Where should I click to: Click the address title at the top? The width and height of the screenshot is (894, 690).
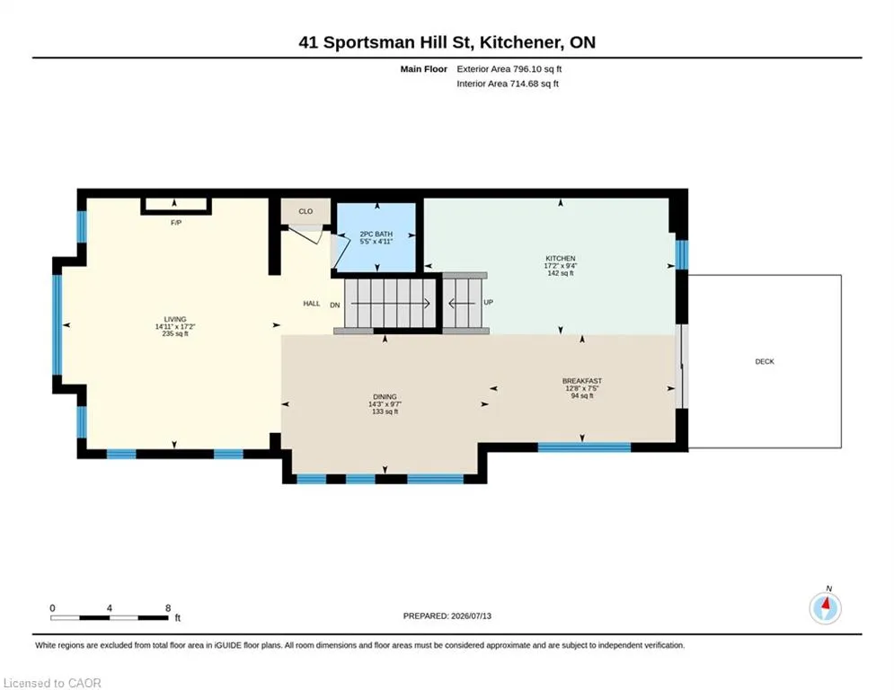point(447,42)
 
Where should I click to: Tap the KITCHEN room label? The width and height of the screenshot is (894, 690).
point(560,259)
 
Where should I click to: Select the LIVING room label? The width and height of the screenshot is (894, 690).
point(175,319)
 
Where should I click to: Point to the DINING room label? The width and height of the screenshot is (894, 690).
point(385,397)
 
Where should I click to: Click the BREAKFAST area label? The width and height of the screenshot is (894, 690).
point(582,381)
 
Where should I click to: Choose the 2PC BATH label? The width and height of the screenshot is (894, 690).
point(376,234)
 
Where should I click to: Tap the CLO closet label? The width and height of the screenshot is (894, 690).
point(305,211)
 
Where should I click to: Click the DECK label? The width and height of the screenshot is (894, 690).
point(765,361)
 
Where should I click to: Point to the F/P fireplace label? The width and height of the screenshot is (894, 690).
point(176,223)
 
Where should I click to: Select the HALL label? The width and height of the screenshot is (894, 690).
point(311,304)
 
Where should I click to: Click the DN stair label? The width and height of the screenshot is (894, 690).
point(334,305)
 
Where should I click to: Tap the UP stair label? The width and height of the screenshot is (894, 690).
point(488,302)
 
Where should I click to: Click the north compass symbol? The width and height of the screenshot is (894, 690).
point(825,608)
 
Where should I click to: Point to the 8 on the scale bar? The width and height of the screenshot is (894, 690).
point(168,608)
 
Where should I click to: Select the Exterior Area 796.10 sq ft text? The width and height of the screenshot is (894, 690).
point(509,69)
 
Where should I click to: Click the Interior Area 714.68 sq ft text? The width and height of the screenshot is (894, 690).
point(508,84)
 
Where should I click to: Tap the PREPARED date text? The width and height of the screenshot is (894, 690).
point(447,615)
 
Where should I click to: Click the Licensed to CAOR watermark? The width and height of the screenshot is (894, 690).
point(52,683)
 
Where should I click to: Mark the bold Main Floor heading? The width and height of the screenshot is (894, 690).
point(423,69)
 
